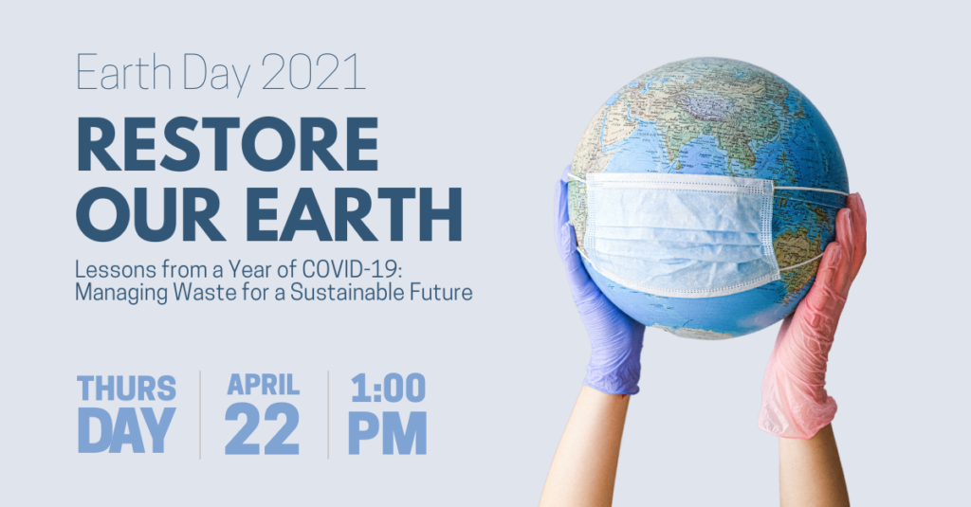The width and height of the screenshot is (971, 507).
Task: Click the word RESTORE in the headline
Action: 228,144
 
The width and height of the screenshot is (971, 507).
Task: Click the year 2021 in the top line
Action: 313,72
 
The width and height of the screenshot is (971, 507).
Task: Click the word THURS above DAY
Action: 126,389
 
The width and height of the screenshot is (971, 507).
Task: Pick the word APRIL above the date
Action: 264,385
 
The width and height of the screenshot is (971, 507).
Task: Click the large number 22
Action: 262,429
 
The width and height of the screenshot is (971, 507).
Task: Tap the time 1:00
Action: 388,388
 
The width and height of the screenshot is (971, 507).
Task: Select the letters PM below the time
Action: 388,433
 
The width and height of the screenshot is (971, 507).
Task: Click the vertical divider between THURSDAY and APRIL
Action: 200,415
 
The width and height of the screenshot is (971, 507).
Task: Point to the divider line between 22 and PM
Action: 328,415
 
